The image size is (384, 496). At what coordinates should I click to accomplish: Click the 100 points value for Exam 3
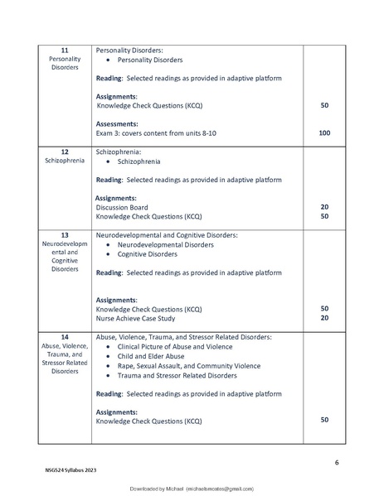pos(324,132)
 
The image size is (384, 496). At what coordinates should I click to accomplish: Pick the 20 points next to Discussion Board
pos(324,207)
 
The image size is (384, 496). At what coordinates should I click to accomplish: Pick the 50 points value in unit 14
pos(324,421)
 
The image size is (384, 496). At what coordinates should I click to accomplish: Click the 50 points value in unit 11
pos(324,106)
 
